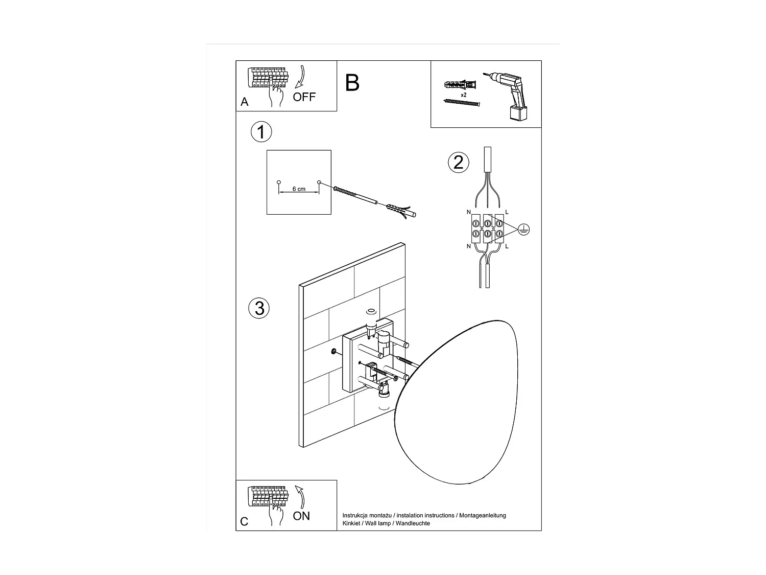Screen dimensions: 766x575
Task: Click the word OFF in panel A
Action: [x=304, y=97]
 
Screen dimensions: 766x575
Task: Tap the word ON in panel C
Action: [x=301, y=516]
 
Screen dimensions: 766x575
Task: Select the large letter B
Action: [x=352, y=83]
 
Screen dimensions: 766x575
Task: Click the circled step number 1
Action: [x=261, y=132]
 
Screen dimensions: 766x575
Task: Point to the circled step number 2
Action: [x=458, y=163]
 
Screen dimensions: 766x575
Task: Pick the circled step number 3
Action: [x=259, y=308]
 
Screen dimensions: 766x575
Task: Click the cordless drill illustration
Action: [x=507, y=97]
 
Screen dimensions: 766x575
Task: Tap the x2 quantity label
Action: [x=464, y=95]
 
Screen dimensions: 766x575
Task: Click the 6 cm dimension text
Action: [x=299, y=189]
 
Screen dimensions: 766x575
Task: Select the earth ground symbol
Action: [x=523, y=229]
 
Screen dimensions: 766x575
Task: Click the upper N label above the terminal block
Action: [x=469, y=212]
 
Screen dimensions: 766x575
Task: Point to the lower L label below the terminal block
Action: [x=507, y=246]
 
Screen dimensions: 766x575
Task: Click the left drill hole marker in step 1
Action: [x=278, y=182]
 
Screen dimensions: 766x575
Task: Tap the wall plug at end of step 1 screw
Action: [x=401, y=211]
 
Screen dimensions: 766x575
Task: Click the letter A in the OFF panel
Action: [x=244, y=102]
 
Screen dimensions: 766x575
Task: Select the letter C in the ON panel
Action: [x=244, y=521]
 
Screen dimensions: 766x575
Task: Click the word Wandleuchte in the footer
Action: [x=413, y=523]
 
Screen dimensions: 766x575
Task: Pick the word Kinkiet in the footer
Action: [x=351, y=523]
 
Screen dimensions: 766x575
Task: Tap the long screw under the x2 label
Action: [x=462, y=102]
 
